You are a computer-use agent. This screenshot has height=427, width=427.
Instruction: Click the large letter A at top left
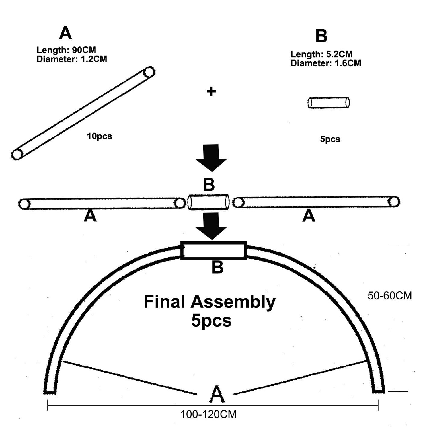point(65,33)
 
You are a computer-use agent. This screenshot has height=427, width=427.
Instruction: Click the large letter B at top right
point(321,37)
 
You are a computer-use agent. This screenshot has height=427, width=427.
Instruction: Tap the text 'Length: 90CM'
point(66,50)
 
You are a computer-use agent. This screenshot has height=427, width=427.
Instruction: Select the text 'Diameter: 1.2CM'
point(72,59)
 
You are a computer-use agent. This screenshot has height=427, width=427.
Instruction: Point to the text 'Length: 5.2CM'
point(321,54)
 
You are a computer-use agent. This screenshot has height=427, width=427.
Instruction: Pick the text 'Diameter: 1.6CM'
point(326,63)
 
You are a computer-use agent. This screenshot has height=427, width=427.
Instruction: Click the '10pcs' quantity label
point(99,136)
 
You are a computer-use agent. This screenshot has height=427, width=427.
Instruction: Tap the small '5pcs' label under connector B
point(330,139)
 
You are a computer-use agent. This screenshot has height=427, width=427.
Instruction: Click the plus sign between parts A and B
point(211,91)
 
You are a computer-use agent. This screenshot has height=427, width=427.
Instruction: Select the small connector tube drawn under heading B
point(329,103)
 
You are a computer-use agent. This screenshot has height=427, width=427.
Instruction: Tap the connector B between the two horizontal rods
point(209,202)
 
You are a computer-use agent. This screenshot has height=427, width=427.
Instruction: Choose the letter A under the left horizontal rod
point(90,216)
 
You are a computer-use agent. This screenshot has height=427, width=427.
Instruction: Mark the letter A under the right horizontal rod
point(309,216)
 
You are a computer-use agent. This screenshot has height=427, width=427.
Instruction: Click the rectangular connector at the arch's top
point(214,251)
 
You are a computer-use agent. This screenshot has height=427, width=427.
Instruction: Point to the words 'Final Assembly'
point(210,302)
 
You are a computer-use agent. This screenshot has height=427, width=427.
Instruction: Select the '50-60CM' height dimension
point(390,296)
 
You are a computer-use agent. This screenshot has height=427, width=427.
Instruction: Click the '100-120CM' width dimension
point(209,414)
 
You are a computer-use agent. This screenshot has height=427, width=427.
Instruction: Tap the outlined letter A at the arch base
point(217,394)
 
